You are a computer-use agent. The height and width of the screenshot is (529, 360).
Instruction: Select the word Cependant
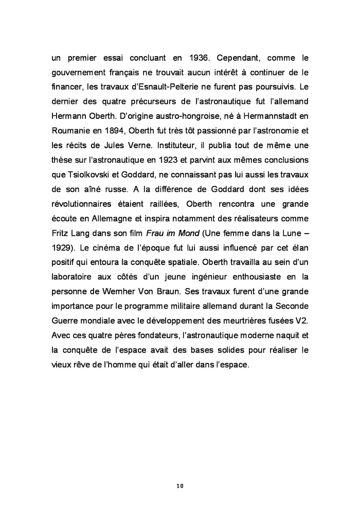[241, 56]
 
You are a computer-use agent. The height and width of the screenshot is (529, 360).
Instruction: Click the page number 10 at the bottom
[179, 485]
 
